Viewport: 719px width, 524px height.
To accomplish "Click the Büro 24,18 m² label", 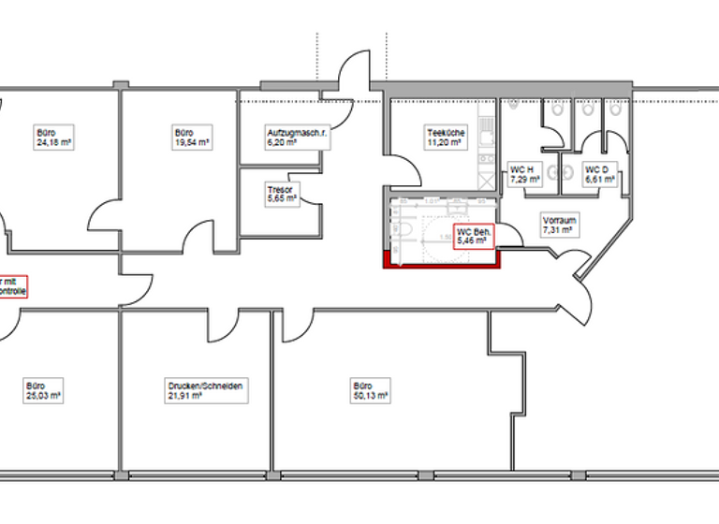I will (x=54, y=138).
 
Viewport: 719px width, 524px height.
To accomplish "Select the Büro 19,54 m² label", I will (x=191, y=138).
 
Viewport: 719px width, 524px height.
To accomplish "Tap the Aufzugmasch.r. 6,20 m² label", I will (x=293, y=138).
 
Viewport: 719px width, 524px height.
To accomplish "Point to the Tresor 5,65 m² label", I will (x=281, y=194).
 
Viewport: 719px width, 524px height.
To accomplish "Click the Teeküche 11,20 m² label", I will (x=444, y=138).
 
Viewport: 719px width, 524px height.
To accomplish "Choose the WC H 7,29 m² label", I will (x=521, y=175).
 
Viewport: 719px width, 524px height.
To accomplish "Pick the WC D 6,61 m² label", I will (x=596, y=175).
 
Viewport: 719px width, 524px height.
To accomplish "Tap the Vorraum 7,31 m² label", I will (x=559, y=225).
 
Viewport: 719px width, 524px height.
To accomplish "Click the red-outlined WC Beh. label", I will (x=473, y=235).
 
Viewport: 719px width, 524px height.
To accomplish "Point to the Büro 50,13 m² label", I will (x=370, y=390).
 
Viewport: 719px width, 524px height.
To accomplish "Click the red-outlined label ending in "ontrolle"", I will (x=12, y=285).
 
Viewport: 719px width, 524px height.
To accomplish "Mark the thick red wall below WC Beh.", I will (x=444, y=261).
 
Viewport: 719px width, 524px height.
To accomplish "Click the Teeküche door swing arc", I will (x=404, y=168).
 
